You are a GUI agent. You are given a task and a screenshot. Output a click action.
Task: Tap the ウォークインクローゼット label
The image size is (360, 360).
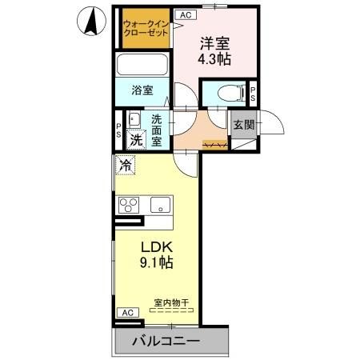click(146, 30)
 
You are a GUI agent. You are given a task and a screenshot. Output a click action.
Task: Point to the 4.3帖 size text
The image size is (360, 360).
click(214, 59)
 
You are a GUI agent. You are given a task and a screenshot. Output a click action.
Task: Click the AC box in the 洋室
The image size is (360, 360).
click(184, 14)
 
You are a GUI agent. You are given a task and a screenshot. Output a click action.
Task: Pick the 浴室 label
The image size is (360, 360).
click(143, 90)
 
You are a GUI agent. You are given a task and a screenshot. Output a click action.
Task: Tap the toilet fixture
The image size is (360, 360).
click(223, 93)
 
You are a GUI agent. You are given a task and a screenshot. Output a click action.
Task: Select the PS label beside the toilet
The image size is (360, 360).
click(253, 94)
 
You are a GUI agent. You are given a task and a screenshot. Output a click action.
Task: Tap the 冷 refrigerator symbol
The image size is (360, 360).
click(126, 166)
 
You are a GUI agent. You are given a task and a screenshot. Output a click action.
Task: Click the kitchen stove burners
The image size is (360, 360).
click(130, 204)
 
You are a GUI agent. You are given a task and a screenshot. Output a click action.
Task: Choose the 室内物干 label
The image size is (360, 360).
click(170, 303)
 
